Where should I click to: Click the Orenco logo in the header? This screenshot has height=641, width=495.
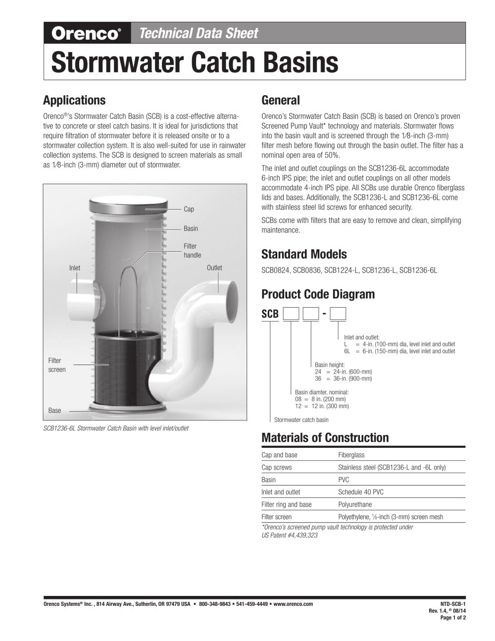(87, 34)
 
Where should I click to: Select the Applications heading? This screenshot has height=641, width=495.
(74, 100)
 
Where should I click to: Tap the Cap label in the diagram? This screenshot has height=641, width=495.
(189, 209)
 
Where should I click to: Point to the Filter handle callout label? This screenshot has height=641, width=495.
(192, 251)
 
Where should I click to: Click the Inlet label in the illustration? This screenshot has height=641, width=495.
(75, 268)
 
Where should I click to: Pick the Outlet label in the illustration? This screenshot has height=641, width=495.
(214, 268)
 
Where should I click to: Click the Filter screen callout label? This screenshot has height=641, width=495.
(56, 365)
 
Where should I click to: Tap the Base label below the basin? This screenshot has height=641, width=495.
(54, 411)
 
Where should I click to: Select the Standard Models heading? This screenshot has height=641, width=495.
(303, 255)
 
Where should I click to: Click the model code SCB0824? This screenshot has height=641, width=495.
(275, 270)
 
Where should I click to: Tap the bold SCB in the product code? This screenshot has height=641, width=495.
(270, 314)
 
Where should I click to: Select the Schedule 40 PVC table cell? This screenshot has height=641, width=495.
(360, 492)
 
